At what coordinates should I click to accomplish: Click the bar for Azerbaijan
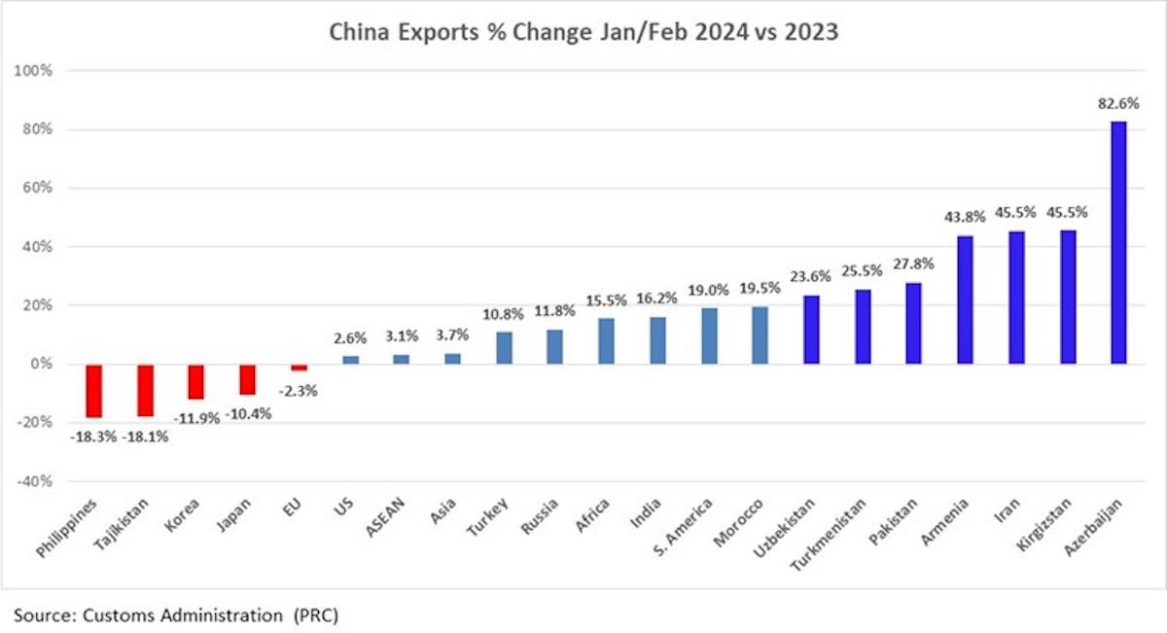pos(1119,242)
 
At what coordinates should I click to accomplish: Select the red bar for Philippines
pos(94,390)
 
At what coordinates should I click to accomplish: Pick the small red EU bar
pos(299,368)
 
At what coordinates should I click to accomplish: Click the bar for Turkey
pos(504,348)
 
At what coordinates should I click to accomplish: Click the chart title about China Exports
pos(583,33)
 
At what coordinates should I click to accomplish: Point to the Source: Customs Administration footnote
pos(176,615)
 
